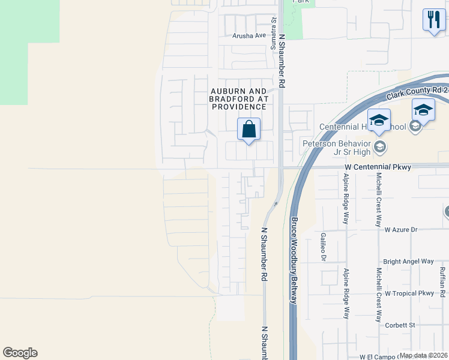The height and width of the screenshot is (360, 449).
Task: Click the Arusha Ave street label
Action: (249, 35)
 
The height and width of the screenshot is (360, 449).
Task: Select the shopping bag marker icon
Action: (249, 129)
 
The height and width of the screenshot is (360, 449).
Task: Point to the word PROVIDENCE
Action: (238, 106)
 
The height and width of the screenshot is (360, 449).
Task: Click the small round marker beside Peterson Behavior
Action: (379, 146)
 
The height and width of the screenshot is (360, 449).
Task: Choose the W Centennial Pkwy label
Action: (378, 167)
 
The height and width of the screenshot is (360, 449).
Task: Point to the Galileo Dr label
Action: (323, 247)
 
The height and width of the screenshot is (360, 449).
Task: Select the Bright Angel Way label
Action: (408, 262)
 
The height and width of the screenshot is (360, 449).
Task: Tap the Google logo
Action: (20, 353)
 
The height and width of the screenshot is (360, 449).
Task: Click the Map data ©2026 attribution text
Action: (423, 355)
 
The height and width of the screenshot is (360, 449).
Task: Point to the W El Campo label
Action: (379, 356)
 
